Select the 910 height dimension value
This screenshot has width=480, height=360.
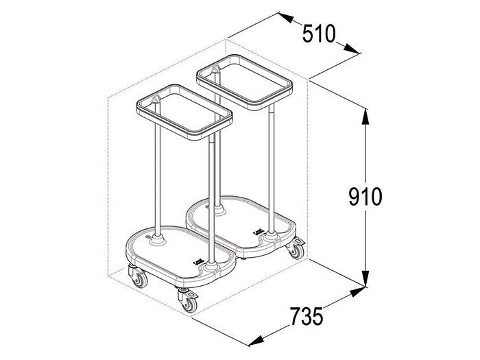[x=365, y=197]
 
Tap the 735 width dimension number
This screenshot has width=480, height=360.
[x=305, y=317]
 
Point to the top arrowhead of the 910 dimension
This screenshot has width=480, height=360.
[x=365, y=113]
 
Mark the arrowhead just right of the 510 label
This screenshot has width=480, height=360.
[x=350, y=49]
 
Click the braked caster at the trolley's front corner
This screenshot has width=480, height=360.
[x=187, y=299]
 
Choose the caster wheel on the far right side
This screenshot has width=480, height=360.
[x=296, y=250]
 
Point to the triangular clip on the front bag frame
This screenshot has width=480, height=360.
[x=156, y=101]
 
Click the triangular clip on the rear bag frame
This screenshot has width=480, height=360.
[x=215, y=70]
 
